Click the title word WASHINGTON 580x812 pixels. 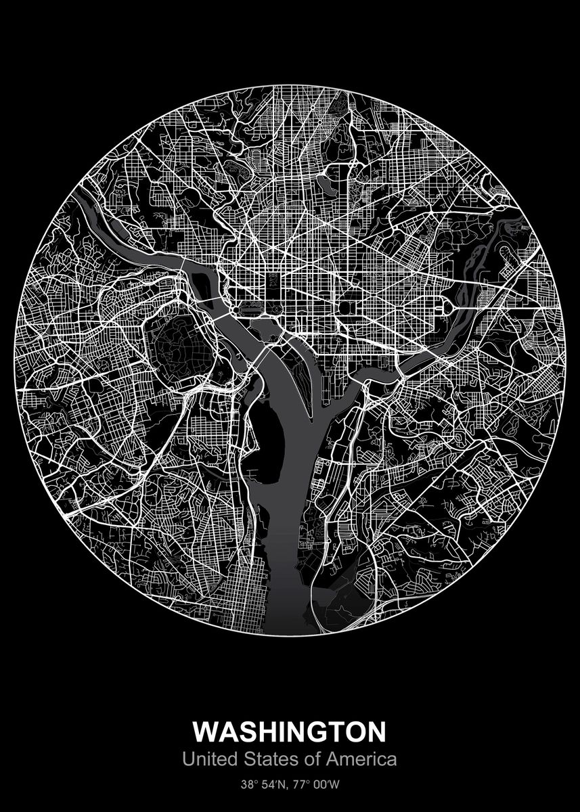click(290, 732)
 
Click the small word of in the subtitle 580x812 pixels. click(311, 759)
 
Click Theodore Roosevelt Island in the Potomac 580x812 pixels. click(201, 283)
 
